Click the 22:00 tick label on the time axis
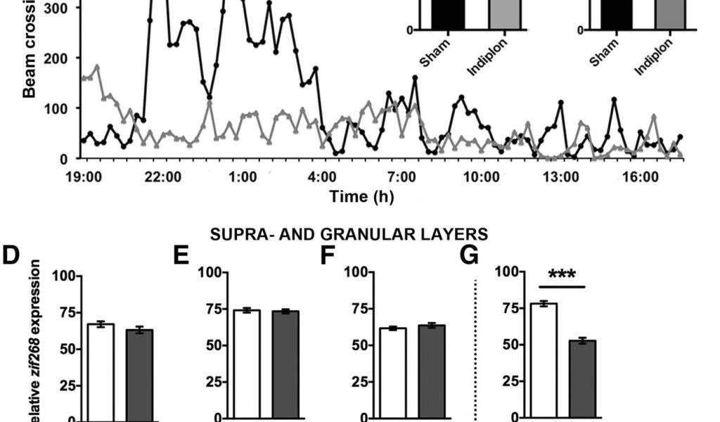point(163,176)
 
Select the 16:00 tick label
point(641,176)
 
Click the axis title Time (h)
point(362,196)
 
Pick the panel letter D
point(11,256)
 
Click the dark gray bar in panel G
point(583,380)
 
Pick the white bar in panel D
point(101,373)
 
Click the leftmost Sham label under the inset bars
point(435,52)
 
